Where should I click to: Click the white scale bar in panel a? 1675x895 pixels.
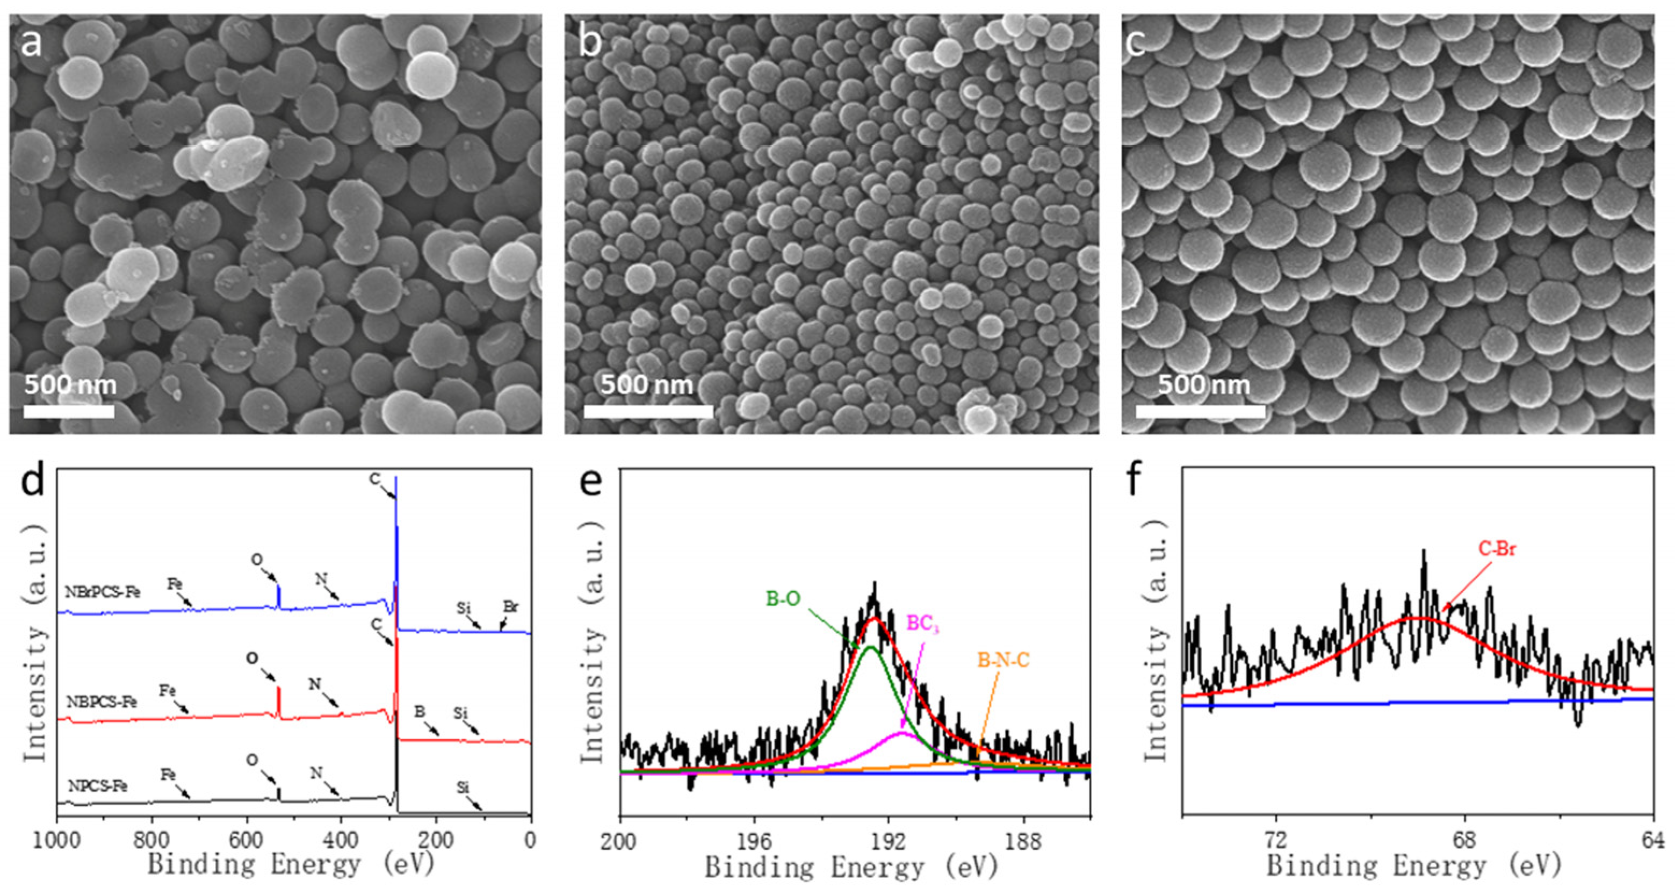(x=69, y=411)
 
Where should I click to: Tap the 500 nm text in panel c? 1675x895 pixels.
(x=1203, y=384)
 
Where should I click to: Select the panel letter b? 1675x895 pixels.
(x=590, y=43)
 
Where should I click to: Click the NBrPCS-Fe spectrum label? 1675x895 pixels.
(x=102, y=592)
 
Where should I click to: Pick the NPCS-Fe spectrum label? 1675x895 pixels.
(x=98, y=786)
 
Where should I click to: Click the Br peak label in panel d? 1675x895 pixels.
(x=510, y=607)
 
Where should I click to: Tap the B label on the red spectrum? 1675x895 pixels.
(x=420, y=712)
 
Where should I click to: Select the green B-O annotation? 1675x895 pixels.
(x=783, y=598)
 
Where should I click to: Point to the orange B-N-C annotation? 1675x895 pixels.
(x=1003, y=661)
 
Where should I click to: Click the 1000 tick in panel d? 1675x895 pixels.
(x=57, y=840)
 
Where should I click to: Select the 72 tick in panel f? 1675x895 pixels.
(x=1276, y=840)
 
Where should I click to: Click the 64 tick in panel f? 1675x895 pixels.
(x=1652, y=840)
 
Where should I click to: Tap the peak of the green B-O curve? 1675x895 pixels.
(x=870, y=647)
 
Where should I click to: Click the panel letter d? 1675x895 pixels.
(x=33, y=481)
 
